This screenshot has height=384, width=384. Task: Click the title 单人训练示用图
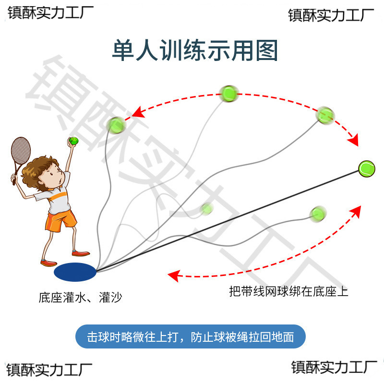pos(195,51)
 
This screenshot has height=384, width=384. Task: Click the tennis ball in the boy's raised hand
pos(73,141)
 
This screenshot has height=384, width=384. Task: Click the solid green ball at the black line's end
pos(366,168)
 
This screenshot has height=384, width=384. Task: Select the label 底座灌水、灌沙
pos(80,298)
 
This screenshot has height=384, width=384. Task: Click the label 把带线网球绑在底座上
pos(288,291)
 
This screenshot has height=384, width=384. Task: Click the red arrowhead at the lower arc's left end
pos(173,276)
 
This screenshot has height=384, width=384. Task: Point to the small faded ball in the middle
pos(207,209)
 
